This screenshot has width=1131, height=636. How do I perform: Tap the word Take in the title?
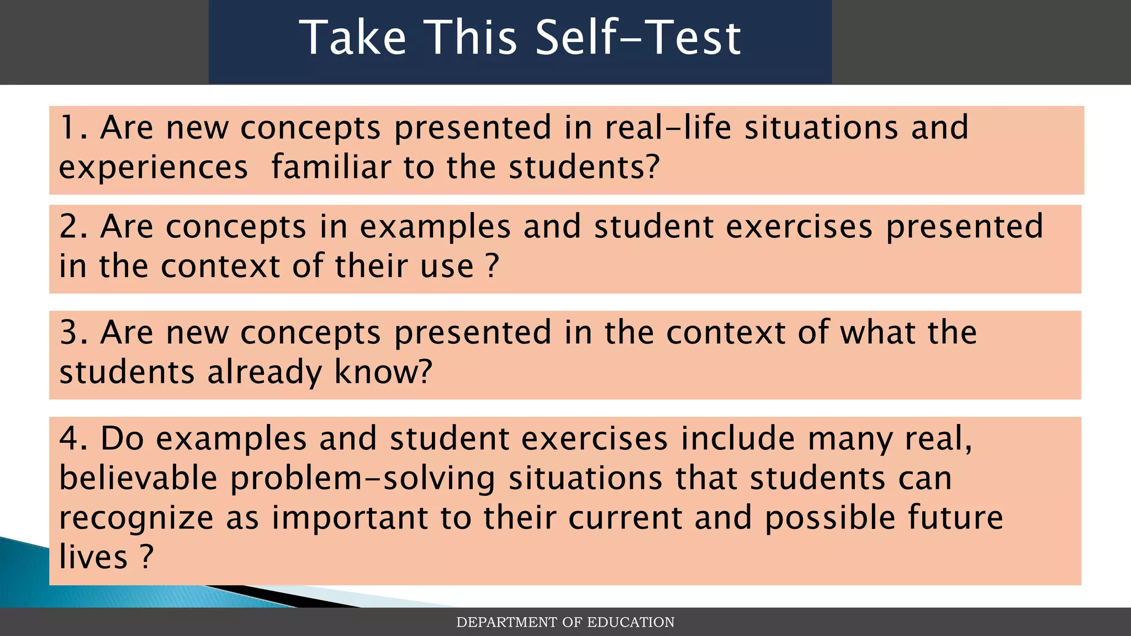pyautogui.click(x=353, y=38)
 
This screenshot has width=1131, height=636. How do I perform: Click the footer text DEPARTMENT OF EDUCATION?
pyautogui.click(x=565, y=622)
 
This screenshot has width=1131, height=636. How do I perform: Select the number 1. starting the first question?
pyautogui.click(x=73, y=128)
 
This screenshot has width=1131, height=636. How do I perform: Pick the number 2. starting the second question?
pyautogui.click(x=74, y=226)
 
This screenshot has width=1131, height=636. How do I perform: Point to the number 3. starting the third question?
pyautogui.click(x=74, y=332)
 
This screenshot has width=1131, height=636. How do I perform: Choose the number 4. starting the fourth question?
pyautogui.click(x=74, y=438)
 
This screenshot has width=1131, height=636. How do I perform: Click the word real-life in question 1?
pyautogui.click(x=668, y=128)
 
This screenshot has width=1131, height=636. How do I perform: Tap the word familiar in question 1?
pyautogui.click(x=331, y=167)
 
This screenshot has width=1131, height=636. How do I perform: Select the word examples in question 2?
pyautogui.click(x=435, y=227)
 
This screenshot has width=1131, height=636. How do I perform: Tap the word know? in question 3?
pyautogui.click(x=383, y=372)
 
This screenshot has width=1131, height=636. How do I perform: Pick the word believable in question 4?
pyautogui.click(x=138, y=478)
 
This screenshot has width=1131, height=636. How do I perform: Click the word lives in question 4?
pyautogui.click(x=93, y=556)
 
